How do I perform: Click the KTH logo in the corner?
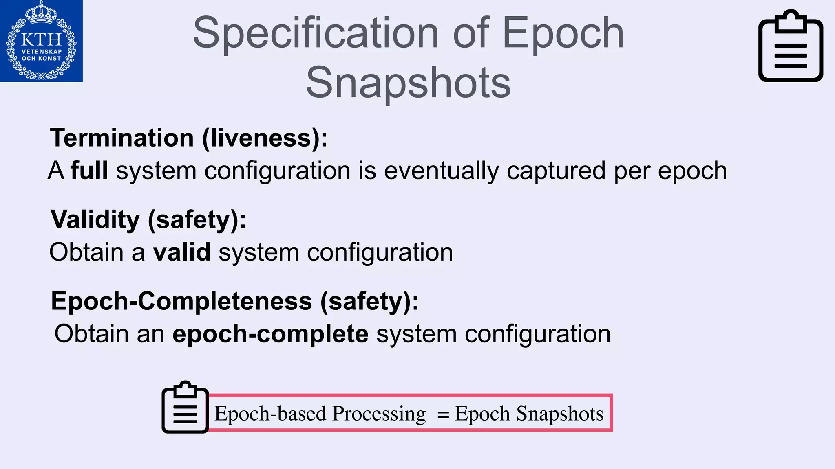[41, 41]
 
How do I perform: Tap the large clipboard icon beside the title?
[790, 46]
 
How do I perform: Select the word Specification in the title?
[316, 33]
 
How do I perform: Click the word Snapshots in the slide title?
[408, 83]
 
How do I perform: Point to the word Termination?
[122, 138]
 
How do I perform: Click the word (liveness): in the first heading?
[265, 138]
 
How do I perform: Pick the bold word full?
[89, 170]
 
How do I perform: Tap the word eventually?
[441, 171]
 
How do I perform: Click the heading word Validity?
[95, 220]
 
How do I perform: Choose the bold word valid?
[182, 252]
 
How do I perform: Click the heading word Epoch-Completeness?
[181, 302]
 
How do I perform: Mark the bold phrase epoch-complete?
[270, 334]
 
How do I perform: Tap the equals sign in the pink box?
[443, 414]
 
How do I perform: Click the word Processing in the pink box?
[379, 414]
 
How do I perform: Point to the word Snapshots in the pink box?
[560, 414]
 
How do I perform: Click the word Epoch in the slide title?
[563, 33]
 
